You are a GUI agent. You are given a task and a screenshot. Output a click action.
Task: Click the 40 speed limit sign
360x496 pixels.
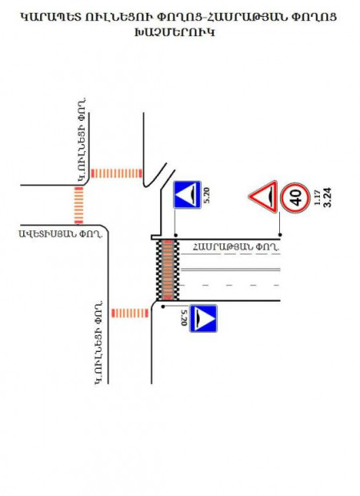[295, 198]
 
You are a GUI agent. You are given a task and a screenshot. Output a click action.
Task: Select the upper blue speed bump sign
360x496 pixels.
[187, 194]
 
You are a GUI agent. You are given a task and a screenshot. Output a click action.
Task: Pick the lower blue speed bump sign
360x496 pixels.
[203, 318]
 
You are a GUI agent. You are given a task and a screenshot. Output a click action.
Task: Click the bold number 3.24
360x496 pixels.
[327, 198]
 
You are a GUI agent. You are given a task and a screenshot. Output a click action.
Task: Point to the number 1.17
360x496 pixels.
[318, 198]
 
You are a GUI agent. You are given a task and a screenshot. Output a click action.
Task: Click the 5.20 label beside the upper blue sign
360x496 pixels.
[207, 195]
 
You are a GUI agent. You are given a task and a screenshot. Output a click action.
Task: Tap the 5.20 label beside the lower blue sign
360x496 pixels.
[184, 318]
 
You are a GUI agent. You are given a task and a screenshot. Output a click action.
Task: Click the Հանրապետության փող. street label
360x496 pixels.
[236, 246]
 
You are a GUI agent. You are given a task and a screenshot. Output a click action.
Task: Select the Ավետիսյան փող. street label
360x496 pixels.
[61, 234]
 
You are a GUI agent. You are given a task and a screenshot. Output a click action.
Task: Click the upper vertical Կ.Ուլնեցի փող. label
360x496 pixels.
[82, 140]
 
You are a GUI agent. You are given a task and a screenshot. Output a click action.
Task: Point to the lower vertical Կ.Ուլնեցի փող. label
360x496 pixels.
[99, 342]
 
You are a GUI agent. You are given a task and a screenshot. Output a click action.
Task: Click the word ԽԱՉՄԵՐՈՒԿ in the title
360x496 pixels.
[175, 32]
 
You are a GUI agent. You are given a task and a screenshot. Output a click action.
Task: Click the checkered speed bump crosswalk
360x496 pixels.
[168, 270]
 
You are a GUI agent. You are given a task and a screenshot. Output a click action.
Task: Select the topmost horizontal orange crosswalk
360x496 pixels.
[117, 174]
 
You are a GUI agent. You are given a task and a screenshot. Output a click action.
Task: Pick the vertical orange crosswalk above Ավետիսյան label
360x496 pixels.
[78, 206]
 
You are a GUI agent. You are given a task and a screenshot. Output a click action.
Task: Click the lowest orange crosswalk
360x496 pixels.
[130, 313]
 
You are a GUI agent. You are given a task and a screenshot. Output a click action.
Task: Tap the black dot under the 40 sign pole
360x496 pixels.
[280, 234]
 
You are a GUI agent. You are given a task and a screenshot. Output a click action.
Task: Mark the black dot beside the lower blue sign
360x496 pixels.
[163, 306]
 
